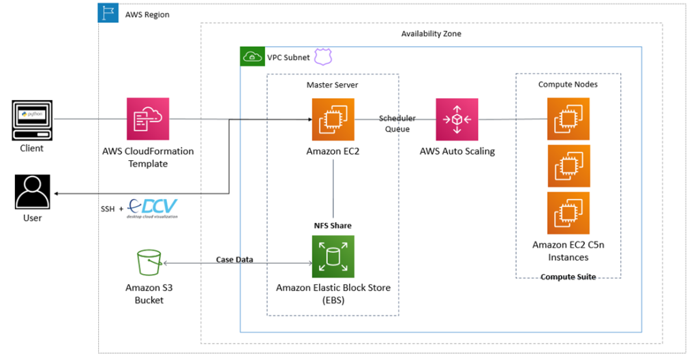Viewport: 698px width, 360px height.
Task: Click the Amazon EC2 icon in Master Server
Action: (333, 119)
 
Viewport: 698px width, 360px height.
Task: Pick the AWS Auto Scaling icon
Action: (457, 119)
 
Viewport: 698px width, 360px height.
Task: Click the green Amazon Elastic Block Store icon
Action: (333, 256)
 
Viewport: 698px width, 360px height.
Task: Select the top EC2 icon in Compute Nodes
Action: (568, 119)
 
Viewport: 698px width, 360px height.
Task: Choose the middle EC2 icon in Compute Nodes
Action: (568, 166)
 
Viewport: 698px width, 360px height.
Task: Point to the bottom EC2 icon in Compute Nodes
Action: (568, 213)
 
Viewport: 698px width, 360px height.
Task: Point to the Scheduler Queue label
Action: (397, 123)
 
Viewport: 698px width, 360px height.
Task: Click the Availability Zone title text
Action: (431, 34)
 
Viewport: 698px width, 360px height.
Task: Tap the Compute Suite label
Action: (568, 277)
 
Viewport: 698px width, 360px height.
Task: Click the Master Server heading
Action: (333, 85)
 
